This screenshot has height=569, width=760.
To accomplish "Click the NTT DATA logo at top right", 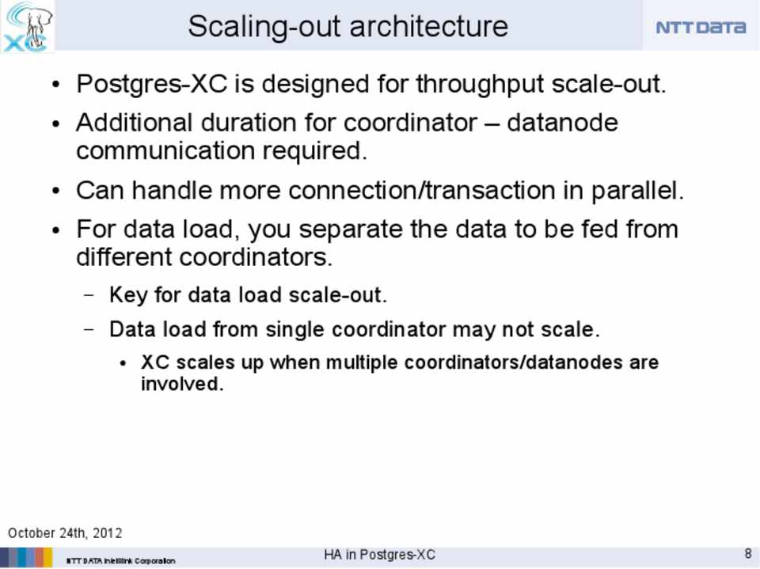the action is pyautogui.click(x=701, y=27).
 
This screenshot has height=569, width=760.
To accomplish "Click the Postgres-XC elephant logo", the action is pyautogui.click(x=27, y=26).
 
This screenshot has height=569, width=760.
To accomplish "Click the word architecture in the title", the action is pyautogui.click(x=428, y=26).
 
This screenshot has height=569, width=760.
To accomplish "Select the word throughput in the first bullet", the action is pyautogui.click(x=481, y=85).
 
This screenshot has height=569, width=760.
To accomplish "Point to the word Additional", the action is pyautogui.click(x=135, y=122).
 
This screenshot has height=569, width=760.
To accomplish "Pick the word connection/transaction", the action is pyautogui.click(x=422, y=190).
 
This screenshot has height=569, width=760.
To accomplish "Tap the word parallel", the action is pyautogui.click(x=636, y=191).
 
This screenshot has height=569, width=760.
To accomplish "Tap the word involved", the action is pyautogui.click(x=182, y=384).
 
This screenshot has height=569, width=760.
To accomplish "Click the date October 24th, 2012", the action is pyautogui.click(x=65, y=533).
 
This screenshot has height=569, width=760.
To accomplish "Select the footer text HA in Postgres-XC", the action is pyautogui.click(x=379, y=555).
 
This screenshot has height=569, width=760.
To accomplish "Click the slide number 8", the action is pyautogui.click(x=748, y=553).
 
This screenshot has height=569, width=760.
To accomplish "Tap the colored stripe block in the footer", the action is pyautogui.click(x=26, y=557).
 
